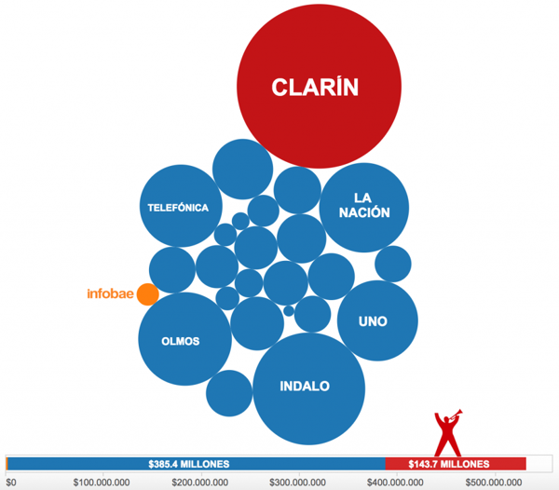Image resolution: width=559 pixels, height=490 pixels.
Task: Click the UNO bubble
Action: (x=375, y=321)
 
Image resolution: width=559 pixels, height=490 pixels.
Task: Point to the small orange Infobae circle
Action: (x=147, y=294)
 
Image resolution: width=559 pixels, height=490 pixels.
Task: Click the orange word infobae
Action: (x=109, y=295)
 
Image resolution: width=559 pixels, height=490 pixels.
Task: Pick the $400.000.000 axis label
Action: (x=394, y=482)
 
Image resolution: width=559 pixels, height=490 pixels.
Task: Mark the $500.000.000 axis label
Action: (x=490, y=482)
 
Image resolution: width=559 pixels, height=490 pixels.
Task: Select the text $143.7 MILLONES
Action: (x=450, y=464)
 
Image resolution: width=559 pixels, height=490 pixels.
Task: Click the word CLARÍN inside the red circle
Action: (x=315, y=88)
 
